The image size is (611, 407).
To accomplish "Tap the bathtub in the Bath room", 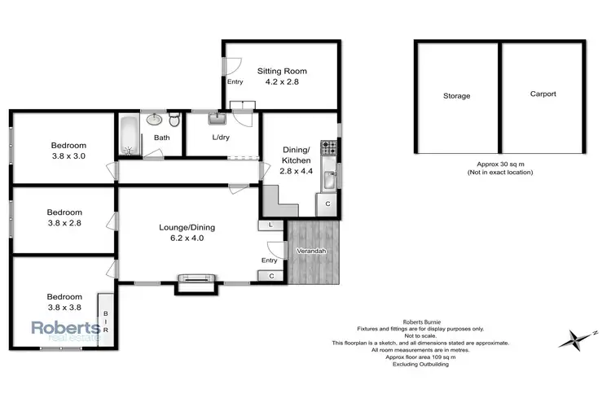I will (x=130, y=136).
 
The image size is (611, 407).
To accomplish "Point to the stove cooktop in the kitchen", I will (x=328, y=148).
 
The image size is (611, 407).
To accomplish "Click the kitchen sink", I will (x=328, y=179).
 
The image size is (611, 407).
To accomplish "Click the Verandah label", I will (x=311, y=251).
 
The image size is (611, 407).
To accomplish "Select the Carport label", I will (x=543, y=94).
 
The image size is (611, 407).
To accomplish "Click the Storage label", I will (x=456, y=96).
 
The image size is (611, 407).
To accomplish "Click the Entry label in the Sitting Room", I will (x=235, y=81).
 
